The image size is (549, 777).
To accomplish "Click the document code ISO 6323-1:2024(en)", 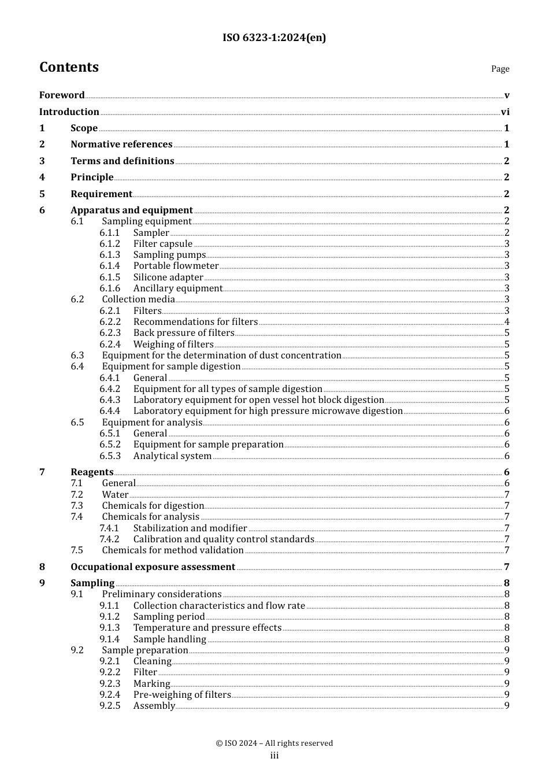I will click(x=274, y=38).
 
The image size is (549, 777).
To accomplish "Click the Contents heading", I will click(x=69, y=68).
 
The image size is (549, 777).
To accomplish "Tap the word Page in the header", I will click(x=500, y=69).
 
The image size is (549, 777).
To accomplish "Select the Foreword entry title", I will click(x=62, y=95).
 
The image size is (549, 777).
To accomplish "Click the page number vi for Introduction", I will click(x=505, y=112).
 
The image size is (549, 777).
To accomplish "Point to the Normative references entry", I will click(x=121, y=145).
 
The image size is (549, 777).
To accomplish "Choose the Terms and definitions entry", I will click(x=122, y=161).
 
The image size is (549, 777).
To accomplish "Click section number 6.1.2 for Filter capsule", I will click(x=110, y=244).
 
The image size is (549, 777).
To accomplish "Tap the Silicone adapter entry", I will click(x=168, y=277).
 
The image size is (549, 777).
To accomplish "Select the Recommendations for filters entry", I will click(x=195, y=322).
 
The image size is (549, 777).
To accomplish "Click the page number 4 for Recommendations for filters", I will click(x=507, y=322).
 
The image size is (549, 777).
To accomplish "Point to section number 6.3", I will click(x=77, y=356).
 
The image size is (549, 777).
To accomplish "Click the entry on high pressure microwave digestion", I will click(x=268, y=411).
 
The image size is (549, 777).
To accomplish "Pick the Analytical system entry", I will click(x=172, y=456).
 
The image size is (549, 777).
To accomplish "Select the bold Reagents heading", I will click(x=92, y=472).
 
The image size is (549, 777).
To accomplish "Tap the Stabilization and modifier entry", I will click(x=190, y=528).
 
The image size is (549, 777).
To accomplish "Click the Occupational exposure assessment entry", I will click(x=153, y=567).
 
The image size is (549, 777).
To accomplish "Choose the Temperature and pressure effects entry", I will click(x=207, y=628).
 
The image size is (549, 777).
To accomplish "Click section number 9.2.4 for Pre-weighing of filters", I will click(x=110, y=695).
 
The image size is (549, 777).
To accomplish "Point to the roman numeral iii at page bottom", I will click(x=274, y=756).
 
